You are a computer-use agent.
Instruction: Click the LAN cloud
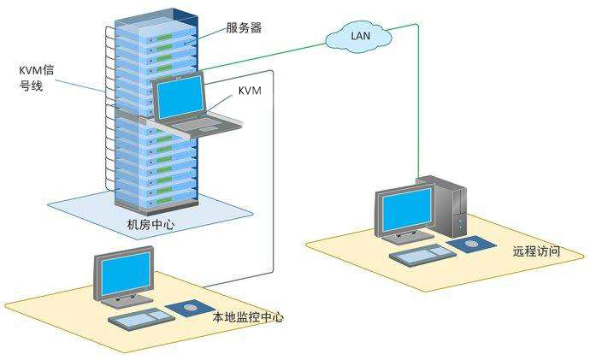pyautogui.click(x=358, y=36)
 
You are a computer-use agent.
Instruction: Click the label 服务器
pyautogui.click(x=244, y=27)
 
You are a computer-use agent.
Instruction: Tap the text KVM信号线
pyautogui.click(x=36, y=78)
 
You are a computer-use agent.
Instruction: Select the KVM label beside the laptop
pyautogui.click(x=250, y=91)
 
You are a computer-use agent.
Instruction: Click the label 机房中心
pyautogui.click(x=150, y=225)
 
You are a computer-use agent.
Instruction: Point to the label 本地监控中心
pyautogui.click(x=248, y=317)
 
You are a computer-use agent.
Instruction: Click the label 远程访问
pyautogui.click(x=536, y=251)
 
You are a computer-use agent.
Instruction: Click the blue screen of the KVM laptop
pyautogui.click(x=180, y=99)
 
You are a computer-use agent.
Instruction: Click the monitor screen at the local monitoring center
pyautogui.click(x=126, y=273)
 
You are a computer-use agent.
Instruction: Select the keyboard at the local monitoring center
pyautogui.click(x=141, y=319)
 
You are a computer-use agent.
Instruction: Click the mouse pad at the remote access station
pyautogui.click(x=472, y=245)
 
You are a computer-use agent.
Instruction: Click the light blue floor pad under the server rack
pyautogui.click(x=150, y=214)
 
